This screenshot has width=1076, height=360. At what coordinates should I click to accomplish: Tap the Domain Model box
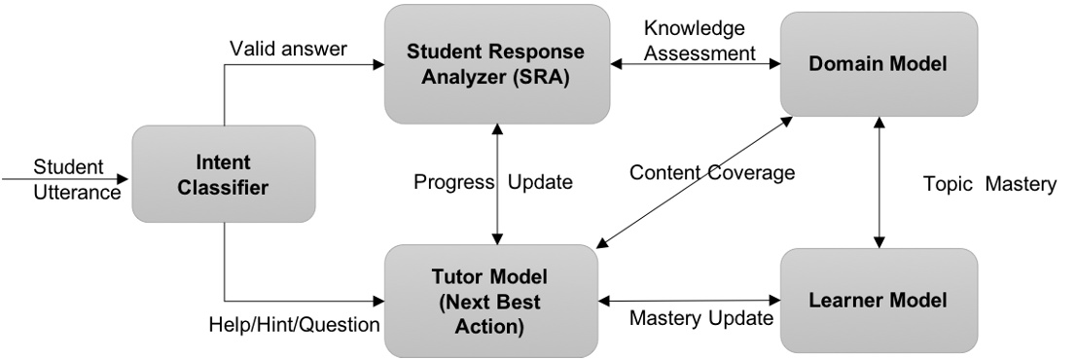pos(879,63)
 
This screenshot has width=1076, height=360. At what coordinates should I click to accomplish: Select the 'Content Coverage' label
pos(712,172)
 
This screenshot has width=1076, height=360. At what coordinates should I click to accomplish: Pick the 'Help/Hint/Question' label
pos(294,324)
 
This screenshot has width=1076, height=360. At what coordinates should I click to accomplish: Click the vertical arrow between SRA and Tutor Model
pos(498,185)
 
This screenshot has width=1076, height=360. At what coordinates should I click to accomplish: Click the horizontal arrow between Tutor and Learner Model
pos(691,300)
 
